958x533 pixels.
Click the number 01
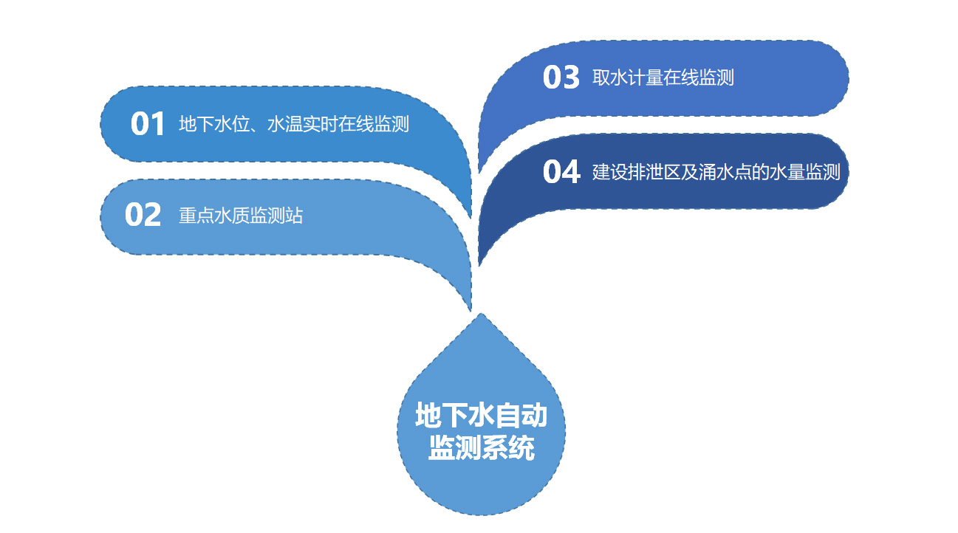pyautogui.click(x=148, y=124)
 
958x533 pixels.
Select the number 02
pyautogui.click(x=143, y=215)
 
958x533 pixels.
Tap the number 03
pyautogui.click(x=561, y=78)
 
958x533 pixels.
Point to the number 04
pyautogui.click(x=561, y=172)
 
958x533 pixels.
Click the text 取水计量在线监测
pyautogui.click(x=663, y=78)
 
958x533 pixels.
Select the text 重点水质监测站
pyautogui.click(x=241, y=216)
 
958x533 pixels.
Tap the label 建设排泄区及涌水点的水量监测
pyautogui.click(x=716, y=172)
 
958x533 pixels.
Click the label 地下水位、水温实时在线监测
pyautogui.click(x=294, y=124)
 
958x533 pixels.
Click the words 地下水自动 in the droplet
pyautogui.click(x=481, y=415)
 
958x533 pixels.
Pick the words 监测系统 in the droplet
pyautogui.click(x=481, y=447)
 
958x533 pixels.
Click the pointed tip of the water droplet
pyautogui.click(x=481, y=314)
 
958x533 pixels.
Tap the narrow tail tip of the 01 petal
pyautogui.click(x=471, y=217)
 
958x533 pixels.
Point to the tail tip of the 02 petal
pyautogui.click(x=471, y=310)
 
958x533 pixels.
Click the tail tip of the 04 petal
pyautogui.click(x=479, y=265)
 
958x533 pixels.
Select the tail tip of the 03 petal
pyautogui.click(x=479, y=172)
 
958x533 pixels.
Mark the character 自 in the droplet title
pyautogui.click(x=507, y=415)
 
